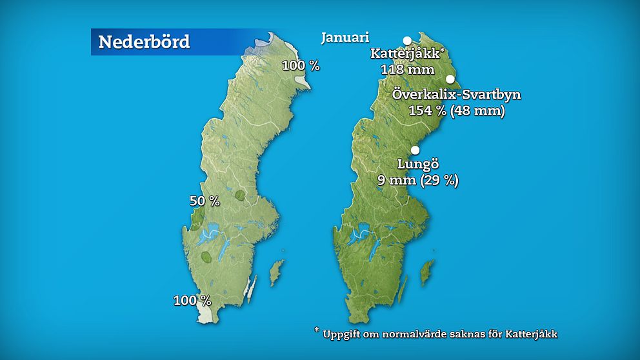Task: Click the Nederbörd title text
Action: pos(144,43)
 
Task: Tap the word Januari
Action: pos(345,38)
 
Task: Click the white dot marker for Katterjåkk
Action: pos(407,40)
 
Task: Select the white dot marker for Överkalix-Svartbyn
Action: pos(450,79)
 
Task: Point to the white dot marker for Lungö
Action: pos(415,150)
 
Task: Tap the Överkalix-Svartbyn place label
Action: pos(456,95)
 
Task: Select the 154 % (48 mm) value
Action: pos(456,110)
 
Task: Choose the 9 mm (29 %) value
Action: pos(417,180)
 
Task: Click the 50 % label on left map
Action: pos(205,201)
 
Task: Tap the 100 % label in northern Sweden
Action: pos(301,65)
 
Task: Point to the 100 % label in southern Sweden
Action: pos(192,300)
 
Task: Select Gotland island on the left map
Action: pos(276,272)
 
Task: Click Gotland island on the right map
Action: pos(426,274)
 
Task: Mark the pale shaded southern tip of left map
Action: pos(206,314)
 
